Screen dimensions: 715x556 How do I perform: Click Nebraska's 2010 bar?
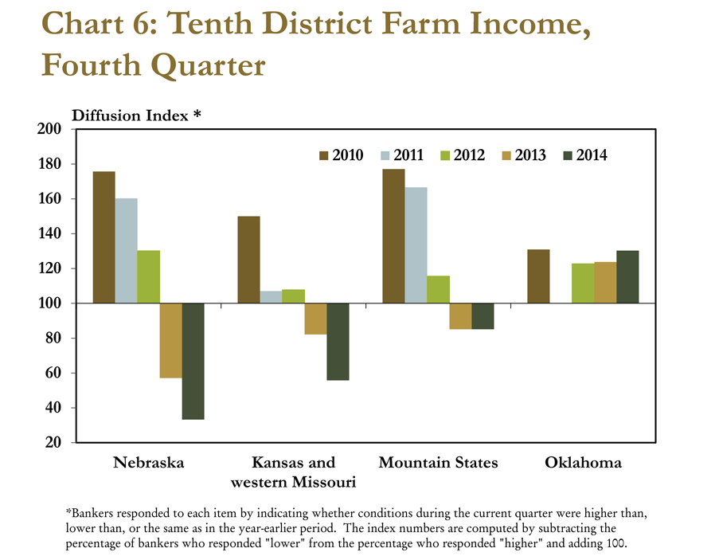104,237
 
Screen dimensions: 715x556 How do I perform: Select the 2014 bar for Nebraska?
193,361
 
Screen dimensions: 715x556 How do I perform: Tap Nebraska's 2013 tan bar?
171,340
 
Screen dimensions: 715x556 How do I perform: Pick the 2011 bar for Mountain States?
416,245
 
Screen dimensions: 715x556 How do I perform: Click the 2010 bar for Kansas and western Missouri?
249,260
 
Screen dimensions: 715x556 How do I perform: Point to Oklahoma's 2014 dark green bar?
628,277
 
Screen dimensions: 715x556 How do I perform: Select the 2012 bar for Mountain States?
438,289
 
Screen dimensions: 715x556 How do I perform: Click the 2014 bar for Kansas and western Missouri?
338,342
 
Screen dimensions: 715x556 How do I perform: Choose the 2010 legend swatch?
323,156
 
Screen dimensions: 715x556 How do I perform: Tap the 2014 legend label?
592,155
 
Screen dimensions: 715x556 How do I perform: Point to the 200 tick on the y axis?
49,129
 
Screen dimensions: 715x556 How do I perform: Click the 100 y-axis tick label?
49,303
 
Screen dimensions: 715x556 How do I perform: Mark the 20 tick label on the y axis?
53,442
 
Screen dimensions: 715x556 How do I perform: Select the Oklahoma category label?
583,463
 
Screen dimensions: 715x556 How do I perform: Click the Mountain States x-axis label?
438,463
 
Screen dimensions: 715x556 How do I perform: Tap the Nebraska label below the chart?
149,463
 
